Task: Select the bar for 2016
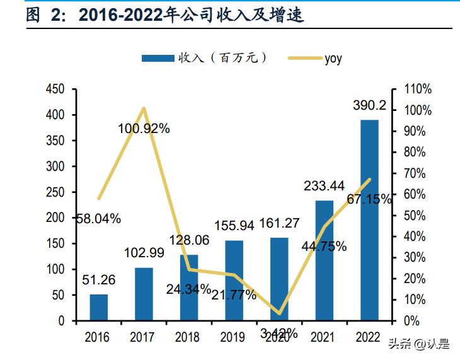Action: pos(98,307)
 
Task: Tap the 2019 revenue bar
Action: pos(234,280)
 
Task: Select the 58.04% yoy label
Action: pos(98,219)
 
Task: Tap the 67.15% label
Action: pos(369,199)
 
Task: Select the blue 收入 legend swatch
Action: pos(158,59)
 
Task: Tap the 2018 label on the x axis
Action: pos(187,337)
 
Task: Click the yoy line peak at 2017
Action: pos(144,108)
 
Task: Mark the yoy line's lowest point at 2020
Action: pos(279,313)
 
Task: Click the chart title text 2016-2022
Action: pos(121,15)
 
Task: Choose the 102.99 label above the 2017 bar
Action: pos(144,252)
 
